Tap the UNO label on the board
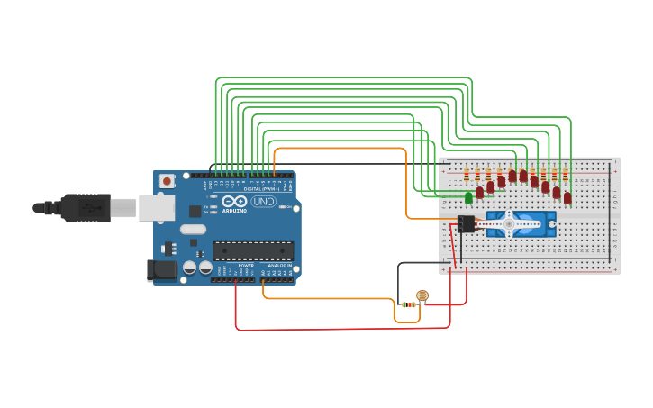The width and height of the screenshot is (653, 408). [x=263, y=202]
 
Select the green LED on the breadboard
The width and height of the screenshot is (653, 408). [x=468, y=197]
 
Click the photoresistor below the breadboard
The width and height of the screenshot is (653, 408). [x=422, y=295]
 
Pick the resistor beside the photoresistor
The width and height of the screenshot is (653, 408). [x=409, y=304]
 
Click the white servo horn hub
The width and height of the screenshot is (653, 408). [x=509, y=223]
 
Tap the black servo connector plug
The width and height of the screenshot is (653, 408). [x=466, y=223]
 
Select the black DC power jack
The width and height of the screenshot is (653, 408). [x=159, y=268]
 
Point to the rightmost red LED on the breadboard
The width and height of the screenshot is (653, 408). [x=567, y=197]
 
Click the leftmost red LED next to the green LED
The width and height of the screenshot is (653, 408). [x=479, y=192]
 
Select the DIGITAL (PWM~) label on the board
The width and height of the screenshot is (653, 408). [x=256, y=187]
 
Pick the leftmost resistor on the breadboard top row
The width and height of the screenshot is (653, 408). [x=467, y=174]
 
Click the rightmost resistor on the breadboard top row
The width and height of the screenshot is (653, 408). [x=565, y=174]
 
